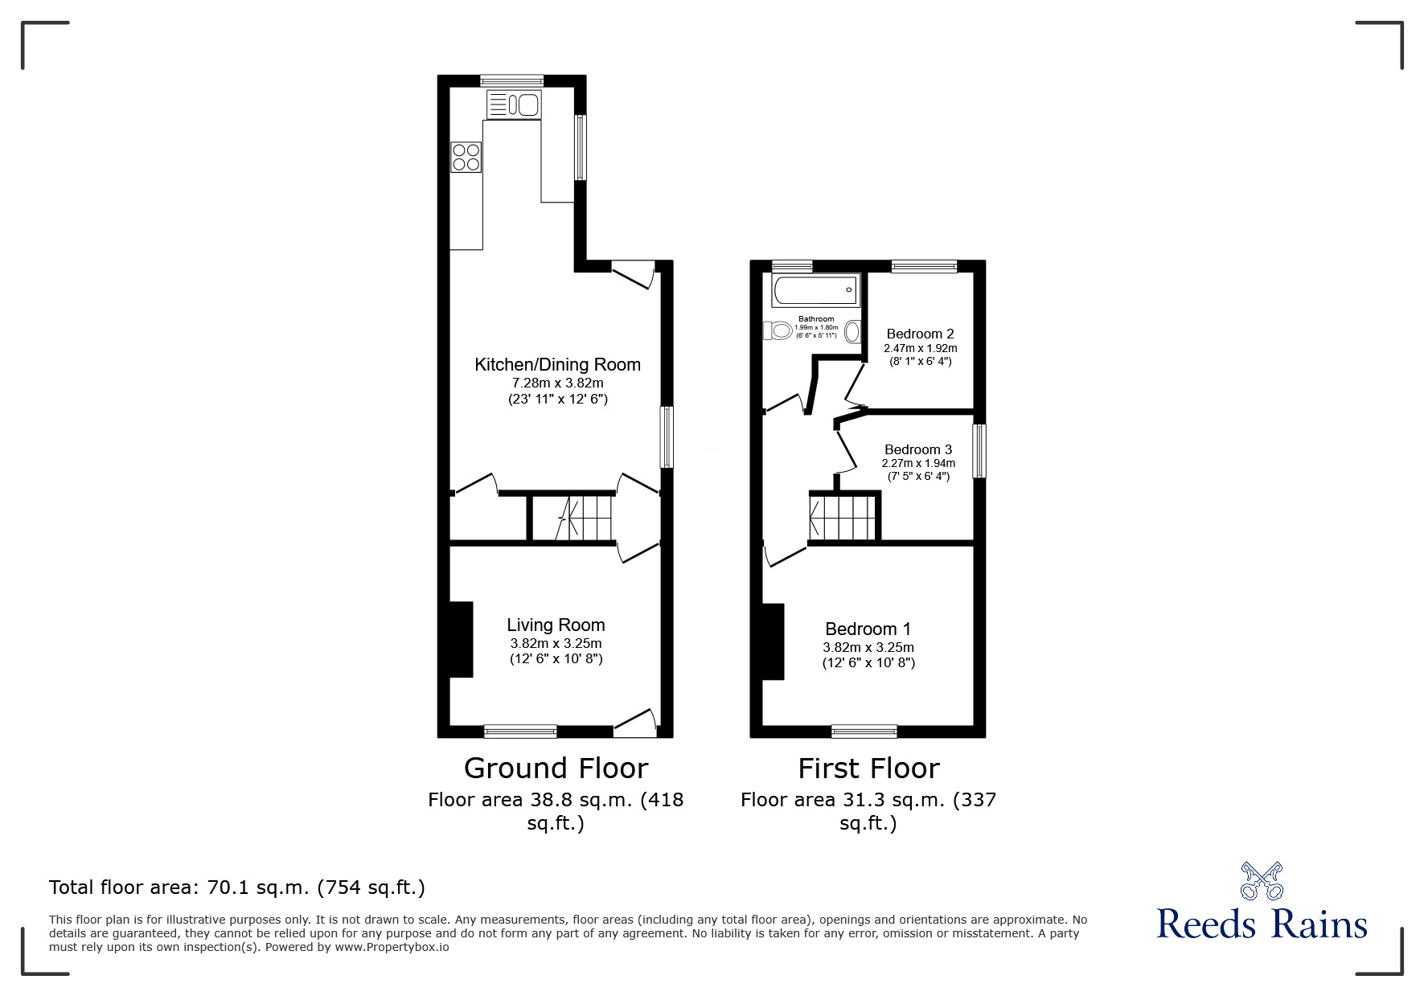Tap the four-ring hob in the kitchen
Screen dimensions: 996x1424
pos(466,157)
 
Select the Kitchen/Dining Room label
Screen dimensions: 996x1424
pos(557,365)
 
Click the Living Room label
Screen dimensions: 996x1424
pos(556,625)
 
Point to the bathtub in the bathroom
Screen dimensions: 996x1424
pos(815,290)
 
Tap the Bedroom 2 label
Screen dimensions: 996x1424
pos(920,334)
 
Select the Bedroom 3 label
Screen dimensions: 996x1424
pos(918,450)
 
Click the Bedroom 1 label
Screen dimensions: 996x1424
pos(868,629)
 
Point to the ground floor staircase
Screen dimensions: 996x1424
pos(585,518)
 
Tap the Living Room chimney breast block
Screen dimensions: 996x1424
pos(461,639)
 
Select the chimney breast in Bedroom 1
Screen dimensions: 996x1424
pos(773,641)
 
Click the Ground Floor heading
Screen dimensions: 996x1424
pos(556,769)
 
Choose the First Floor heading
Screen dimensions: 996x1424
pos(868,769)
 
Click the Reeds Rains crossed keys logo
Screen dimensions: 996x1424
pos(1262,880)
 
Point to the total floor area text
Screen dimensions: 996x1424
pos(237,887)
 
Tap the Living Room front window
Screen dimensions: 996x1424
pos(520,731)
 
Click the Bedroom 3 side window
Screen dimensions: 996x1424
pos(979,451)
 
